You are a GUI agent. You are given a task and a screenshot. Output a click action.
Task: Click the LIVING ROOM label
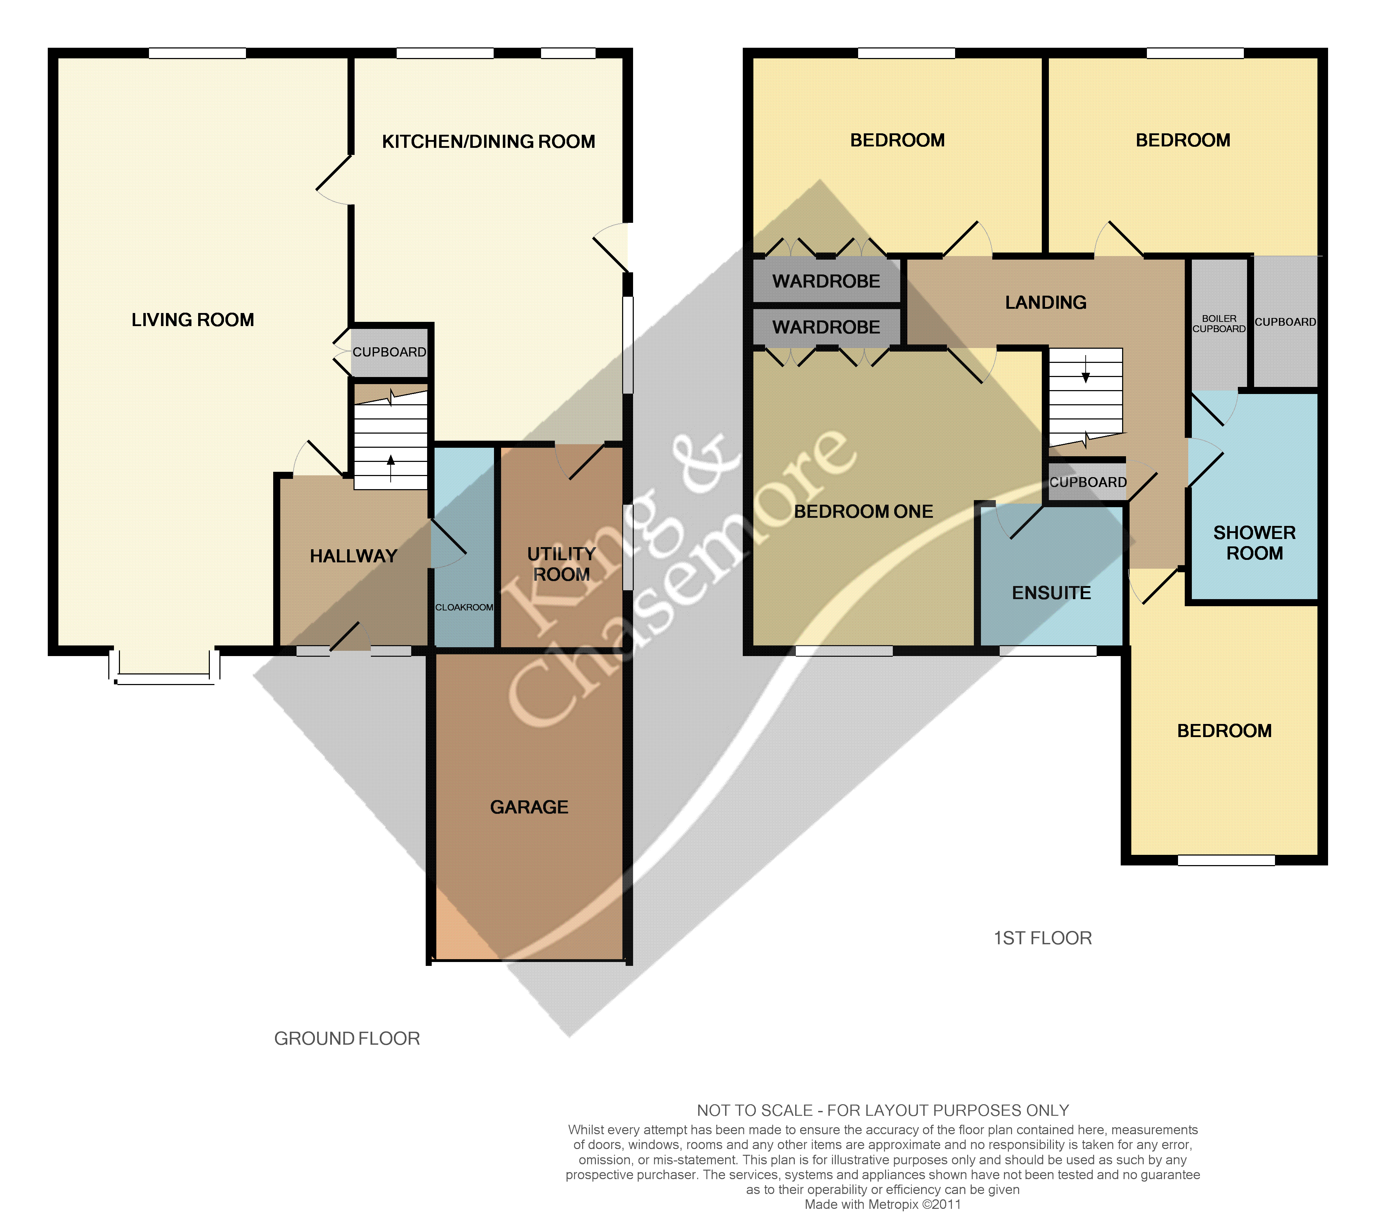click(x=193, y=320)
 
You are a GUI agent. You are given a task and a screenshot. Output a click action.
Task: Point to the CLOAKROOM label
click(x=464, y=607)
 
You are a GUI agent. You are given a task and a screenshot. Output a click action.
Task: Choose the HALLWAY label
click(x=353, y=556)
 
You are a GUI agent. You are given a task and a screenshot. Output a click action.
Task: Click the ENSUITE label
click(x=1052, y=593)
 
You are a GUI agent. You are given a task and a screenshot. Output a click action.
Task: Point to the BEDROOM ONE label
click(x=863, y=511)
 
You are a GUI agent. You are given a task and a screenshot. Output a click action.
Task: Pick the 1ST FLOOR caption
click(x=1043, y=938)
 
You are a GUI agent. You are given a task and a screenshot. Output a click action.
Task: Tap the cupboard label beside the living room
click(x=389, y=352)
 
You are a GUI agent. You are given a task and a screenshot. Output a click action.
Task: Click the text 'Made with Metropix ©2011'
click(x=883, y=1205)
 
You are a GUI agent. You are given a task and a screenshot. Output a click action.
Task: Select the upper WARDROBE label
click(x=826, y=281)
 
